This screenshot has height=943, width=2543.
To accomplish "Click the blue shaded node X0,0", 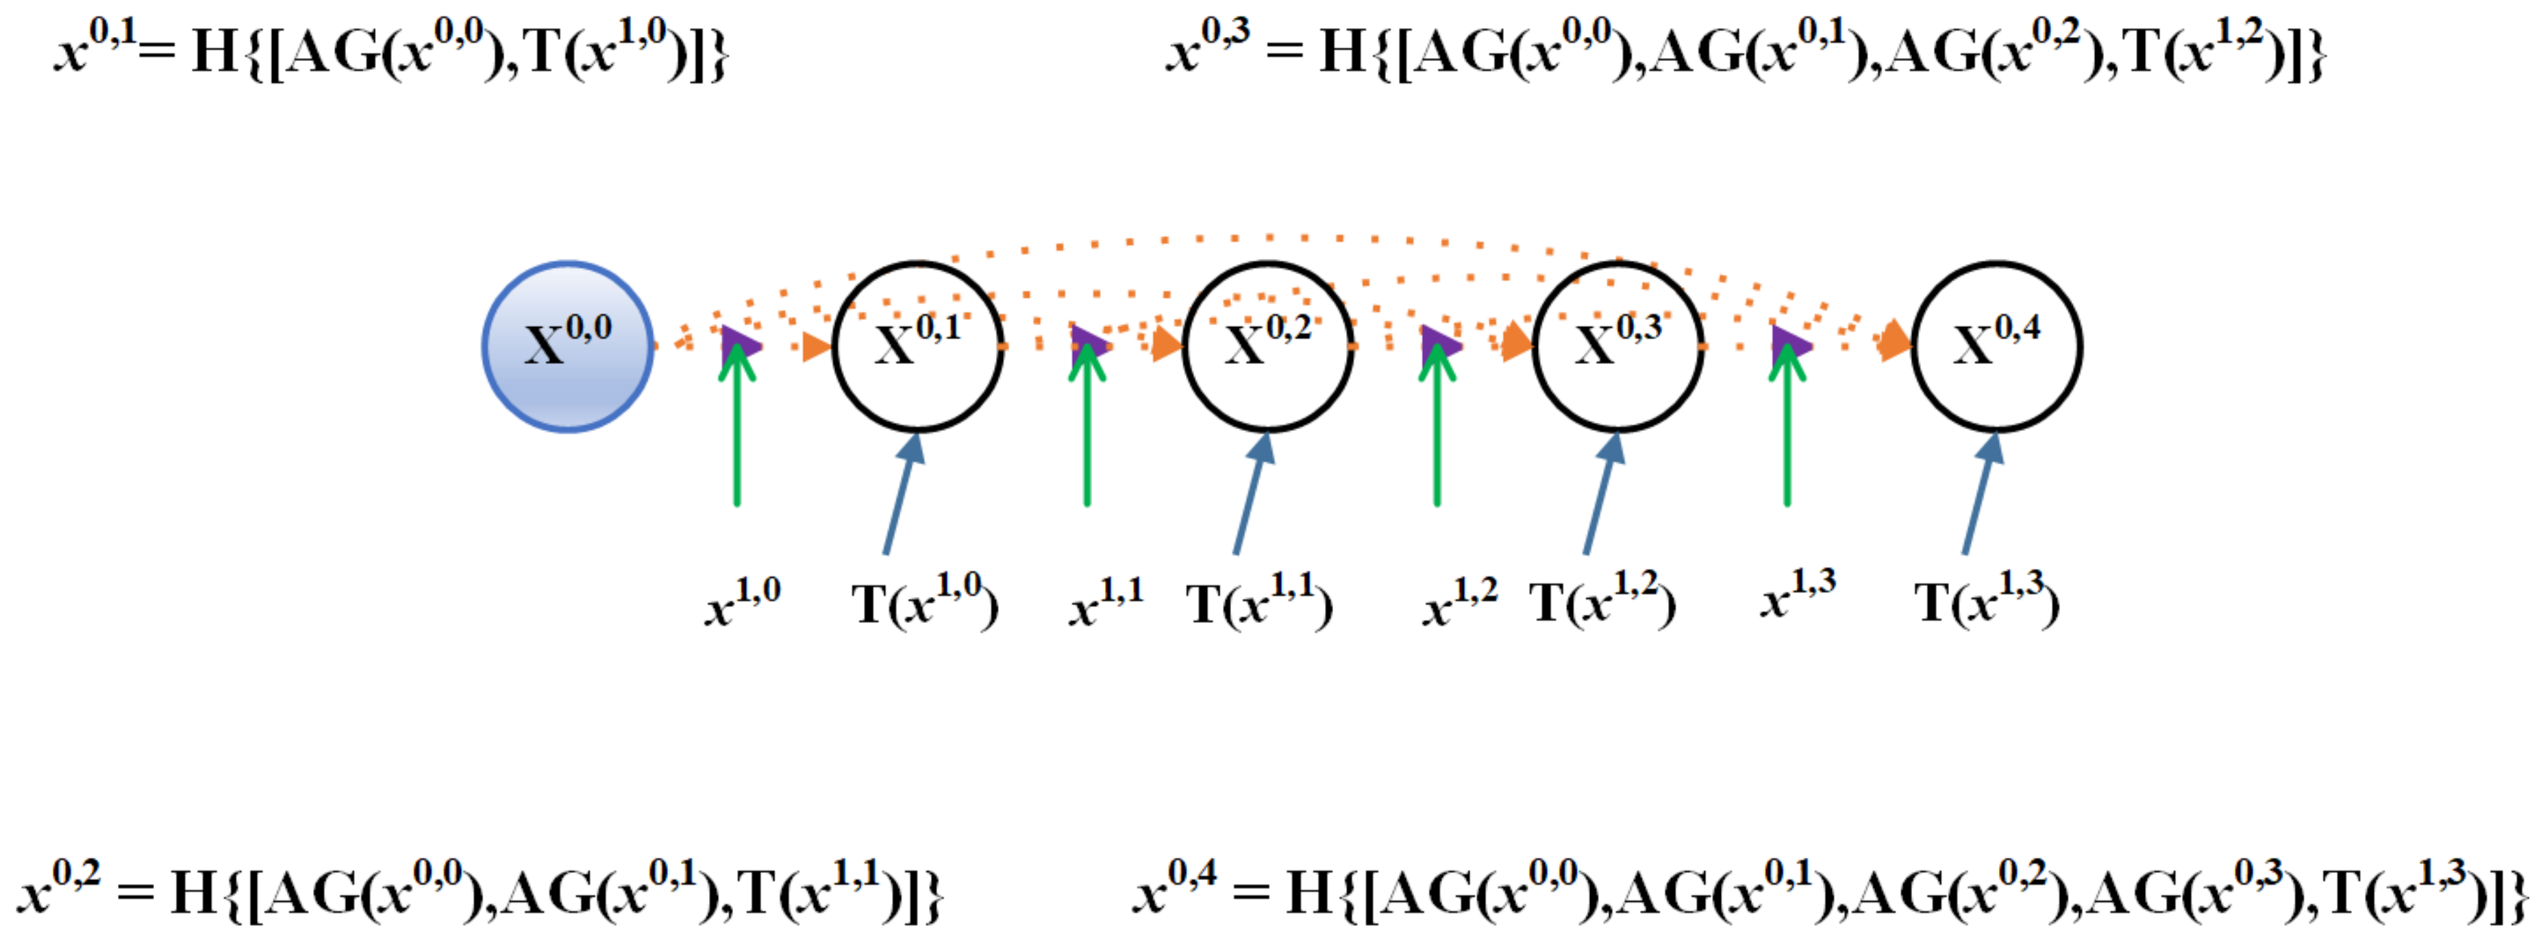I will coord(568,347).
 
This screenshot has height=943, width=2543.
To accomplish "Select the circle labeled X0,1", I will coord(918,347).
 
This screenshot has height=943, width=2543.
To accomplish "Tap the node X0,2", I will coord(1267,347).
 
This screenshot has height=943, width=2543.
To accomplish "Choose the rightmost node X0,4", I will coord(1996,347).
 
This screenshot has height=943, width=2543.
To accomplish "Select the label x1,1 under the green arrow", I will coord(1106,601).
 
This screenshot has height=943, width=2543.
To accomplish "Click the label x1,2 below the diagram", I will coord(1459,601).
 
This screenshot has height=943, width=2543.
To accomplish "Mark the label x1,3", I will coord(1797,596).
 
